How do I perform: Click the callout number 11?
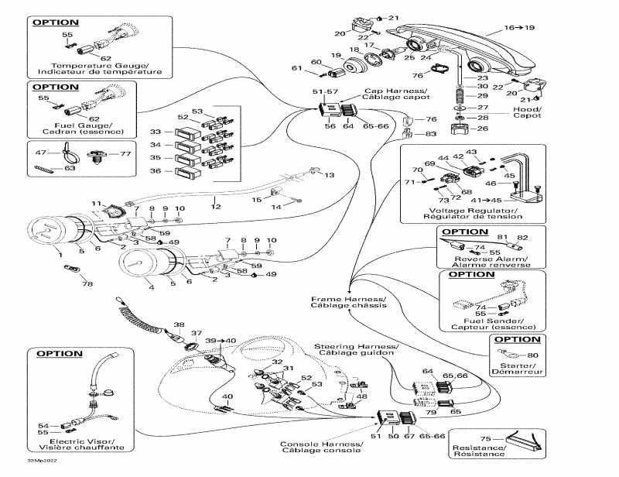pos(97,203)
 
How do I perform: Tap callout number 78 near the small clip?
pos(87,284)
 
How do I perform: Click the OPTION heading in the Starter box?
pos(518,339)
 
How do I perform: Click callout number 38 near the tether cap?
pos(179,324)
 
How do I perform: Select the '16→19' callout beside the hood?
pos(519,27)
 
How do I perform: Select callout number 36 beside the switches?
pos(156,170)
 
